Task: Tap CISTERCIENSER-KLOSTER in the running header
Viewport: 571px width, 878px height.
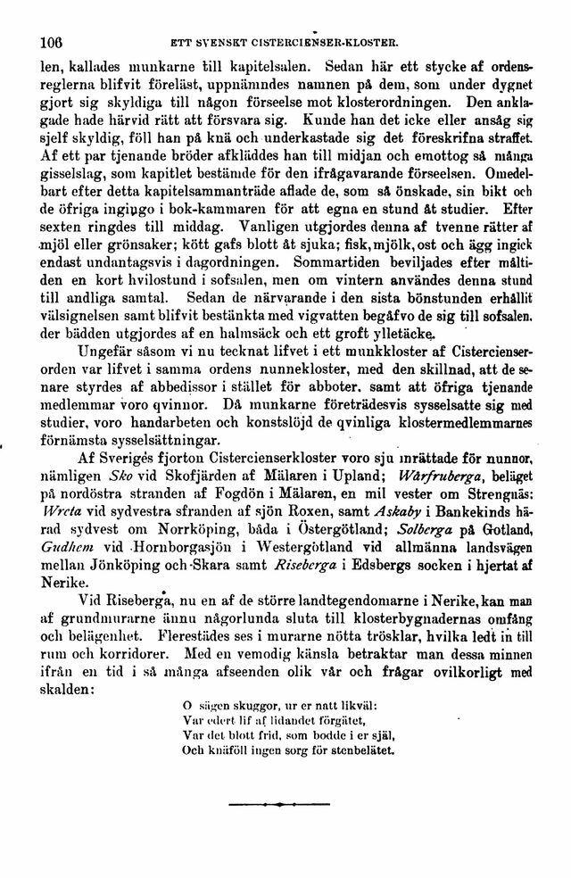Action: point(335,40)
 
